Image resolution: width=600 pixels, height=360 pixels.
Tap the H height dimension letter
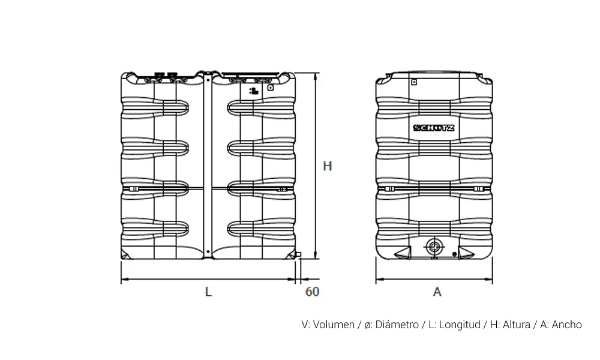(327, 166)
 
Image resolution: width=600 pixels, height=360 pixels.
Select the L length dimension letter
(208, 292)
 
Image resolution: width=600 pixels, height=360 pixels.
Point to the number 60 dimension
(312, 292)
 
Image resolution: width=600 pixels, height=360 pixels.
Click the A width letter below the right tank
(437, 292)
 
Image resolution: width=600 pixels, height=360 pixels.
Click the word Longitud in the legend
(460, 325)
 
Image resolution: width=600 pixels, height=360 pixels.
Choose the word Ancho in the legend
(567, 325)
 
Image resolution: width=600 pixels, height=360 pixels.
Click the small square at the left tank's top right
(271, 87)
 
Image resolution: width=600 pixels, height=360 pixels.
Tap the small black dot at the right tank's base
(455, 254)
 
